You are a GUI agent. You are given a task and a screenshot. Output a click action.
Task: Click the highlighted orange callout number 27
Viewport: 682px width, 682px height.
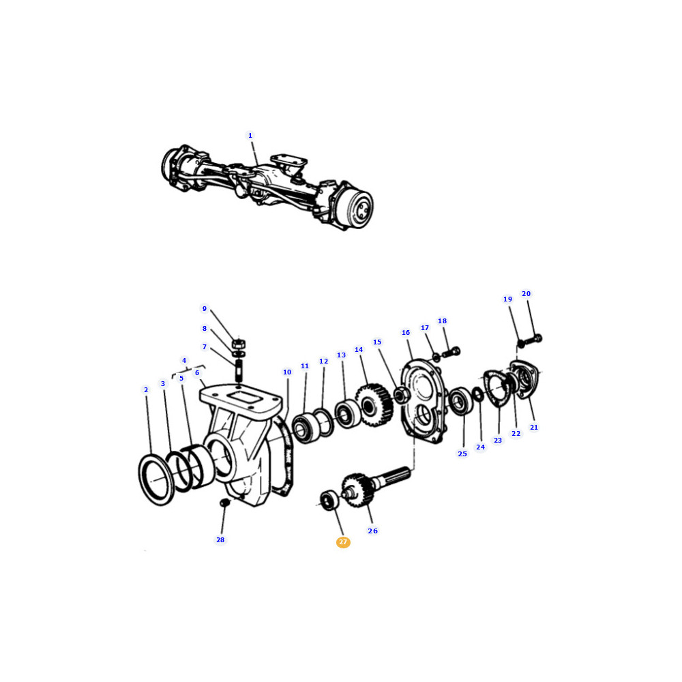(343, 542)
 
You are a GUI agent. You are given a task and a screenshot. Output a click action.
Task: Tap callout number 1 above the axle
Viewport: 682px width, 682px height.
(250, 136)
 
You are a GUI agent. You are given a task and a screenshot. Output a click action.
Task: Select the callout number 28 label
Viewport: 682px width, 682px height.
(220, 539)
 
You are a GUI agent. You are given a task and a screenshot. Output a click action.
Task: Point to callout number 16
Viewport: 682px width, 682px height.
(406, 333)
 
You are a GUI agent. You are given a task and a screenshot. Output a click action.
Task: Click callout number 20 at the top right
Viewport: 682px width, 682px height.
(527, 294)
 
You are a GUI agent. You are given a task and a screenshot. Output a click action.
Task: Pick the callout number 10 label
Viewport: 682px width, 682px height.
(287, 372)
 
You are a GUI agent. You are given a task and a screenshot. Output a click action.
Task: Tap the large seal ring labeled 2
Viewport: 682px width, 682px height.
(157, 479)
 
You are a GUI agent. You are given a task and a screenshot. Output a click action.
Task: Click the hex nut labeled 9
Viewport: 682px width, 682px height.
(239, 344)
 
